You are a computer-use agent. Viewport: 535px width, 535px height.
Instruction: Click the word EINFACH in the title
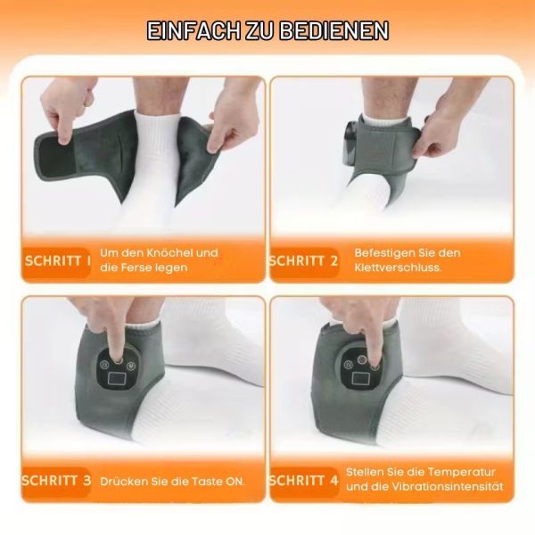pyautogui.click(x=193, y=31)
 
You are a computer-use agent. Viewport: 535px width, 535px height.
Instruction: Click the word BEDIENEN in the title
pyautogui.click(x=334, y=31)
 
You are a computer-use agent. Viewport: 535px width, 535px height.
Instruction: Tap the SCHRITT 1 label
pyautogui.click(x=58, y=261)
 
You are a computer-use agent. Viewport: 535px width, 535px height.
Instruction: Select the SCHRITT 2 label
pyautogui.click(x=303, y=261)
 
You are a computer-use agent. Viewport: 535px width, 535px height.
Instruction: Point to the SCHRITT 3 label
pyautogui.click(x=57, y=481)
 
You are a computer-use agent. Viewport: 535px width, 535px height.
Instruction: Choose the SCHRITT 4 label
pyautogui.click(x=303, y=481)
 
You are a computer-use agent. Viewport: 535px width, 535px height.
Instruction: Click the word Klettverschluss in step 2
pyautogui.click(x=397, y=267)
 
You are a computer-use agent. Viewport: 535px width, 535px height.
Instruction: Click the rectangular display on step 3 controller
pyautogui.click(x=117, y=379)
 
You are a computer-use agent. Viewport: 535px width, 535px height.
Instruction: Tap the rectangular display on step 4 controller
pyautogui.click(x=359, y=378)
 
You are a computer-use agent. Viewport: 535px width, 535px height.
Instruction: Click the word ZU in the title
pyautogui.click(x=259, y=31)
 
